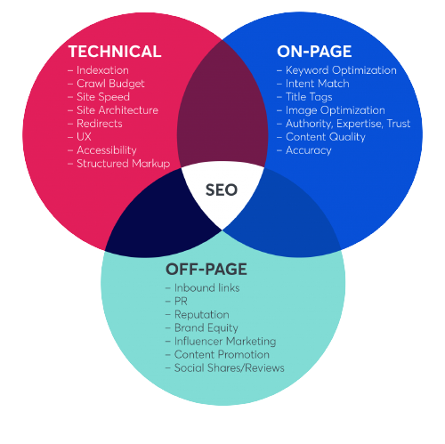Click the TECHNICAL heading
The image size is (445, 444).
pyautogui.click(x=115, y=52)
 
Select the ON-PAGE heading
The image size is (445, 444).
pyautogui.click(x=314, y=52)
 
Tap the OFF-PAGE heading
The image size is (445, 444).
pyautogui.click(x=206, y=270)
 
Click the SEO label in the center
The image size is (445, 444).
pyautogui.click(x=222, y=190)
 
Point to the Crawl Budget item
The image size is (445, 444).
pyautogui.click(x=110, y=84)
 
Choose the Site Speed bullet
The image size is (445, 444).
pyautogui.click(x=103, y=97)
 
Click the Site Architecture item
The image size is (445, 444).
pyautogui.click(x=117, y=110)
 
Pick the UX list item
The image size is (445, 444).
pyautogui.click(x=84, y=137)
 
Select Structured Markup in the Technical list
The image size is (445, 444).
pyautogui.click(x=124, y=164)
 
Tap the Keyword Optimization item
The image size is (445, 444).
pyautogui.click(x=341, y=70)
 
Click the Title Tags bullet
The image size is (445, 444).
pyautogui.click(x=309, y=97)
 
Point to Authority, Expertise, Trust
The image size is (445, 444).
pyautogui.click(x=348, y=124)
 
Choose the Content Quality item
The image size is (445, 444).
pyautogui.click(x=326, y=137)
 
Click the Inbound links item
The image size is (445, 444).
pyautogui.click(x=206, y=288)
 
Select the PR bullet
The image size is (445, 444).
pyautogui.click(x=181, y=302)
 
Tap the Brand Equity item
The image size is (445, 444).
pyautogui.click(x=206, y=328)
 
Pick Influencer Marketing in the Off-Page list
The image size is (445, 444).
pyautogui.click(x=225, y=342)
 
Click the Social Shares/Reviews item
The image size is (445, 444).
pyautogui.click(x=230, y=368)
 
